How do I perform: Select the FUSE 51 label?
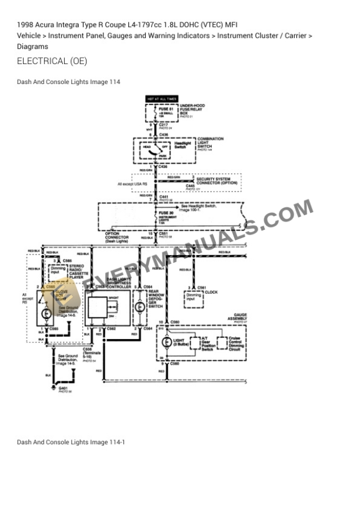click(166, 110)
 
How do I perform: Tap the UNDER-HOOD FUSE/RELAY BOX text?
click(192, 110)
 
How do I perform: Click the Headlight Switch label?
click(182, 145)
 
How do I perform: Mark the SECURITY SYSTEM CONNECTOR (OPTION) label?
click(216, 181)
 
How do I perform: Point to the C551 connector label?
click(164, 233)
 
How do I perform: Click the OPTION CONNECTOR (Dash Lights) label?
click(116, 237)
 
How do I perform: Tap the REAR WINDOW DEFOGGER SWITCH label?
click(155, 299)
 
